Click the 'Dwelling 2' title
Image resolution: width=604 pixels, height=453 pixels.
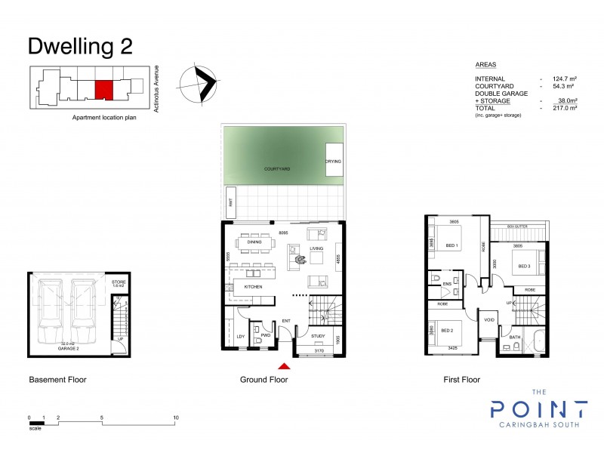click(80, 46)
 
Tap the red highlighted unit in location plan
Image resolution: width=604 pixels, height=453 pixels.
click(103, 90)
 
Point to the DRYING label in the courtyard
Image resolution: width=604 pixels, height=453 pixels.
click(333, 162)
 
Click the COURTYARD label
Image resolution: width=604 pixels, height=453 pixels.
click(277, 169)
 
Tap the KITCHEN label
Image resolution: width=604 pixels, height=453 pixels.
click(252, 288)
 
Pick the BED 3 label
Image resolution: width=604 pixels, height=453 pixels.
click(525, 264)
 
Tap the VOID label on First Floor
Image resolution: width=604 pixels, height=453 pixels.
click(488, 320)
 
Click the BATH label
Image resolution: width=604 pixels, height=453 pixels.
click(515, 337)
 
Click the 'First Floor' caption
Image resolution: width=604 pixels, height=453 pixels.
click(461, 380)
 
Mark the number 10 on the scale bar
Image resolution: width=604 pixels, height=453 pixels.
click(176, 418)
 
